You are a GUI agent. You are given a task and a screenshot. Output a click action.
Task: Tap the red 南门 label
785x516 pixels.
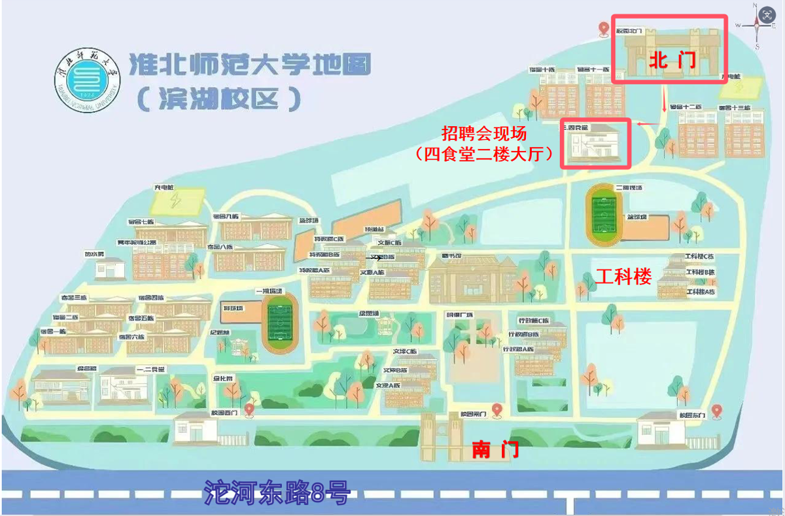point(495,450)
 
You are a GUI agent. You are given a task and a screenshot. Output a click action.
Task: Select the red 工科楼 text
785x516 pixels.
point(623,277)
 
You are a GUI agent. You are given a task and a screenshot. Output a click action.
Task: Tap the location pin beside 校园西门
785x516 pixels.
point(249,410)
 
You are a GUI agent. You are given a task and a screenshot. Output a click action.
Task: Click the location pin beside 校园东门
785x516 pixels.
point(716,411)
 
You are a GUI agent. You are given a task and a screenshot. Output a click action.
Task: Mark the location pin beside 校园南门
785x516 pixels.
point(497,410)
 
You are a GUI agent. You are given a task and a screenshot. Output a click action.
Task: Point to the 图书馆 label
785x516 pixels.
point(451,255)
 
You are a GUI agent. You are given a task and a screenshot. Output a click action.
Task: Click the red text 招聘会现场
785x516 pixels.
point(483,134)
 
